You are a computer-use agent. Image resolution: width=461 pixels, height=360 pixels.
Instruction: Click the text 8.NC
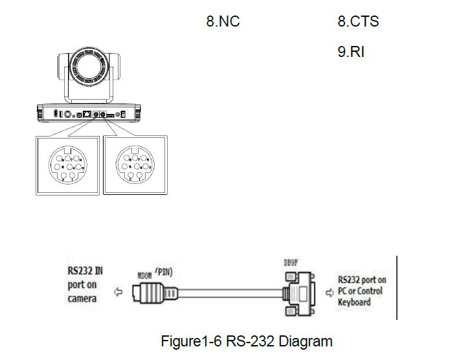pyautogui.click(x=223, y=21)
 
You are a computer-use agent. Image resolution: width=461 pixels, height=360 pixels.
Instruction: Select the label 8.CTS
pyautogui.click(x=358, y=21)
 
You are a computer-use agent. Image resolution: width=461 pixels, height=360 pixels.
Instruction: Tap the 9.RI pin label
pyautogui.click(x=350, y=52)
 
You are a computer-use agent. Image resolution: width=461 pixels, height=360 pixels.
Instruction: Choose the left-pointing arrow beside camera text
pyautogui.click(x=118, y=293)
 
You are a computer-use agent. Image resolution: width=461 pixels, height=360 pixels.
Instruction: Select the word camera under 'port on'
pyautogui.click(x=82, y=298)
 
